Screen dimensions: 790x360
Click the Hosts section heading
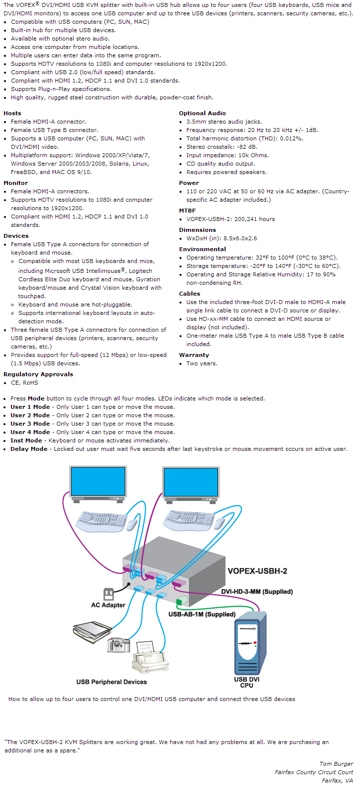coord(12,113)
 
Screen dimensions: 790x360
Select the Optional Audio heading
coord(202,113)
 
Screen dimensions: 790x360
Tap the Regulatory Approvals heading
coord(38,374)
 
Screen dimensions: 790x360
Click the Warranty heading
coord(194,355)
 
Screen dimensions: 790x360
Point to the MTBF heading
coord(187,211)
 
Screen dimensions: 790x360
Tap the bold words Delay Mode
coord(29,449)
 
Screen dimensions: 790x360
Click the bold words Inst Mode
coord(26,440)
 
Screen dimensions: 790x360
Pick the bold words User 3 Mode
coord(30,424)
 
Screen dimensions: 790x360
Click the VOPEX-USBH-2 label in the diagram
coord(257,571)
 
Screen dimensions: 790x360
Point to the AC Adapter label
coord(108,605)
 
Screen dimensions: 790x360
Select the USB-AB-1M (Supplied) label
coord(202,614)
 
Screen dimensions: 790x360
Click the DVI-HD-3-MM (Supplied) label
coord(257,592)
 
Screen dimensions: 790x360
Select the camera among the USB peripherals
coord(118,645)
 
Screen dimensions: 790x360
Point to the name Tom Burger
coord(336,764)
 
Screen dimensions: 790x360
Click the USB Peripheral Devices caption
coord(111,682)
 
